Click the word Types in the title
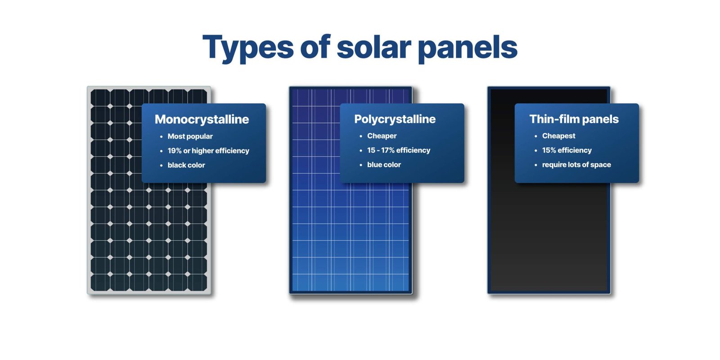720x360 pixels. point(248,48)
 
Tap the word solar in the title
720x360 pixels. point(373,47)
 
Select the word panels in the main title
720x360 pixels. point(468,48)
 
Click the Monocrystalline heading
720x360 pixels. point(202,119)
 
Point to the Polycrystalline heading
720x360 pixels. point(395,119)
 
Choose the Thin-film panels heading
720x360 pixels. point(574,119)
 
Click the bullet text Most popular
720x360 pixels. point(190,136)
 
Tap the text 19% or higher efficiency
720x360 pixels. point(208,151)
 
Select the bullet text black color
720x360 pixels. point(186,165)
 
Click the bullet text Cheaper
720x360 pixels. point(382,136)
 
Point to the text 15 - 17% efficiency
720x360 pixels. point(398,150)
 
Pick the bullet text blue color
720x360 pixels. point(384,165)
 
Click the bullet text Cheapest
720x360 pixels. point(558,136)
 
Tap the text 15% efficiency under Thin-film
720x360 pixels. point(567,150)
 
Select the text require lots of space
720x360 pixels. point(576,165)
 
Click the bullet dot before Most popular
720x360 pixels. point(161,137)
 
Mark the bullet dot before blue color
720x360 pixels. point(361,165)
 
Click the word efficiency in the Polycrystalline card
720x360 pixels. point(413,150)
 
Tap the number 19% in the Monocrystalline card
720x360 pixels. point(175,151)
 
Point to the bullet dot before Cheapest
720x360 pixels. point(535,136)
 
